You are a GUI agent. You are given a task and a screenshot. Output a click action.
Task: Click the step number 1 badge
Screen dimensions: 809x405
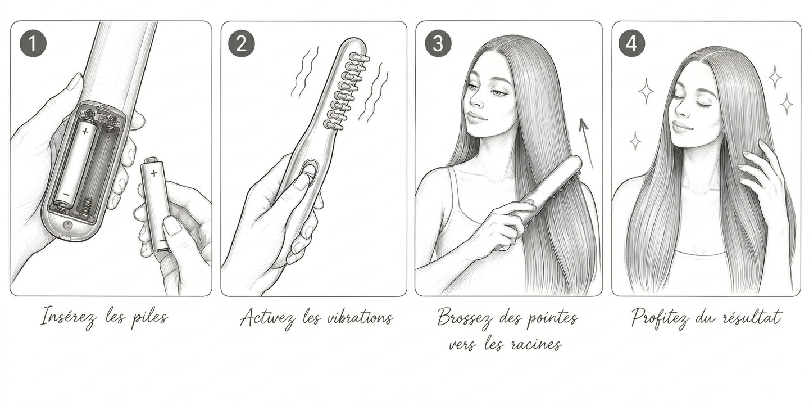[x=33, y=43]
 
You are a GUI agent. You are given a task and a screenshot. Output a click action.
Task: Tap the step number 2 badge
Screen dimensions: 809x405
[x=241, y=43]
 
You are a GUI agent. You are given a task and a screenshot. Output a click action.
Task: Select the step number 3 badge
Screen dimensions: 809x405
[x=438, y=43]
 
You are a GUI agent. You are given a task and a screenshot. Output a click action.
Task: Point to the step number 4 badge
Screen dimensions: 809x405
[x=631, y=43]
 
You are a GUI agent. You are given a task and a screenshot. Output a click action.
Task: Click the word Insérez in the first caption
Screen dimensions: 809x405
[x=69, y=317]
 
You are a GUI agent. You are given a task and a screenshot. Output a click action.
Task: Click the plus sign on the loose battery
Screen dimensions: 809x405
[x=154, y=173]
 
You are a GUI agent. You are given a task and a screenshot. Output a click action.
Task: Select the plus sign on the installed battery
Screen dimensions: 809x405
[x=85, y=131]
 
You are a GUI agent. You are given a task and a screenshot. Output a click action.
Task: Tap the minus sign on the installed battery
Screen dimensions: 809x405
[x=66, y=194]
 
